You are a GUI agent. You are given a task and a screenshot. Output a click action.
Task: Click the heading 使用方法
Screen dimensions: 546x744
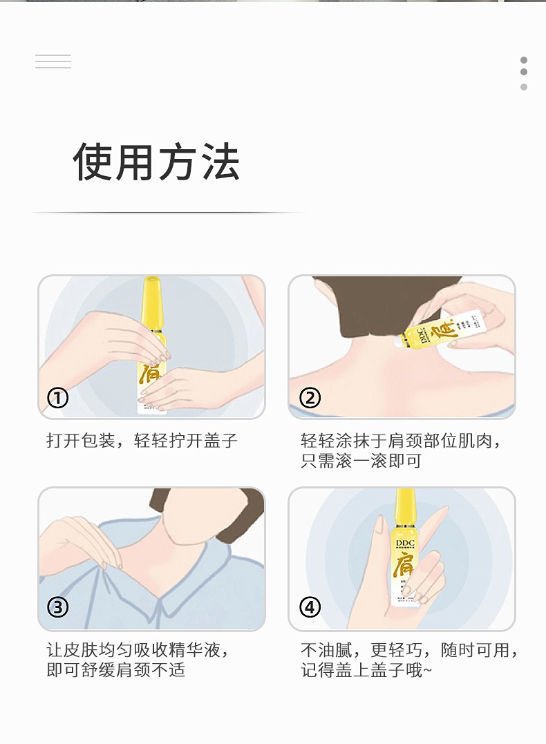156,162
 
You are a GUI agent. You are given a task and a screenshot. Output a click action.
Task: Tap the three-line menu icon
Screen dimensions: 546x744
53,61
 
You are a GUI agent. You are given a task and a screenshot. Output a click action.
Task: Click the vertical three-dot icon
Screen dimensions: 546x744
524,73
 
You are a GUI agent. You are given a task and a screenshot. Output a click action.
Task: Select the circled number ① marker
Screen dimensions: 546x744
58,398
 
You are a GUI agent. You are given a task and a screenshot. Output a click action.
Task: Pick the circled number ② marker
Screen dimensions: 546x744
310,398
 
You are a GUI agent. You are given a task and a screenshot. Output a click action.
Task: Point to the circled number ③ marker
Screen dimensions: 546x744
58,607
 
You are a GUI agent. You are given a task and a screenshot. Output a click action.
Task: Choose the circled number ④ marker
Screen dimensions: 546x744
310,607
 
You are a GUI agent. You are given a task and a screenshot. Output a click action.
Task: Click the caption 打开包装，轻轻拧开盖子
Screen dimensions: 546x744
142,441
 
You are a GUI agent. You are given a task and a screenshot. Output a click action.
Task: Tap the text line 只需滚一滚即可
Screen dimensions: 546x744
361,461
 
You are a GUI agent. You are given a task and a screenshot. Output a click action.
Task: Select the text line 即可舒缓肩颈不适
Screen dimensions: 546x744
116,670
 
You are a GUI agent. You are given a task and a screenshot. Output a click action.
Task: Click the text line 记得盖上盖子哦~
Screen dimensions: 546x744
366,670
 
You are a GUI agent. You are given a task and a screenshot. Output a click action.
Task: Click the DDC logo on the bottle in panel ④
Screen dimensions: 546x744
406,543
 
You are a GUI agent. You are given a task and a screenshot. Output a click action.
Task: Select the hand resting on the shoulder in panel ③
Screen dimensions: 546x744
86,541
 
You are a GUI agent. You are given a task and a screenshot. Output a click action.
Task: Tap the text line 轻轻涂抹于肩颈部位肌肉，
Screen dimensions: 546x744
401,441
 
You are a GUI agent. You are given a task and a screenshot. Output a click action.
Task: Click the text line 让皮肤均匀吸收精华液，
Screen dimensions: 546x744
138,650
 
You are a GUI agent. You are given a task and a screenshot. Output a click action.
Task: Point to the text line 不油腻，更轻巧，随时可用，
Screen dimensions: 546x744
409,650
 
